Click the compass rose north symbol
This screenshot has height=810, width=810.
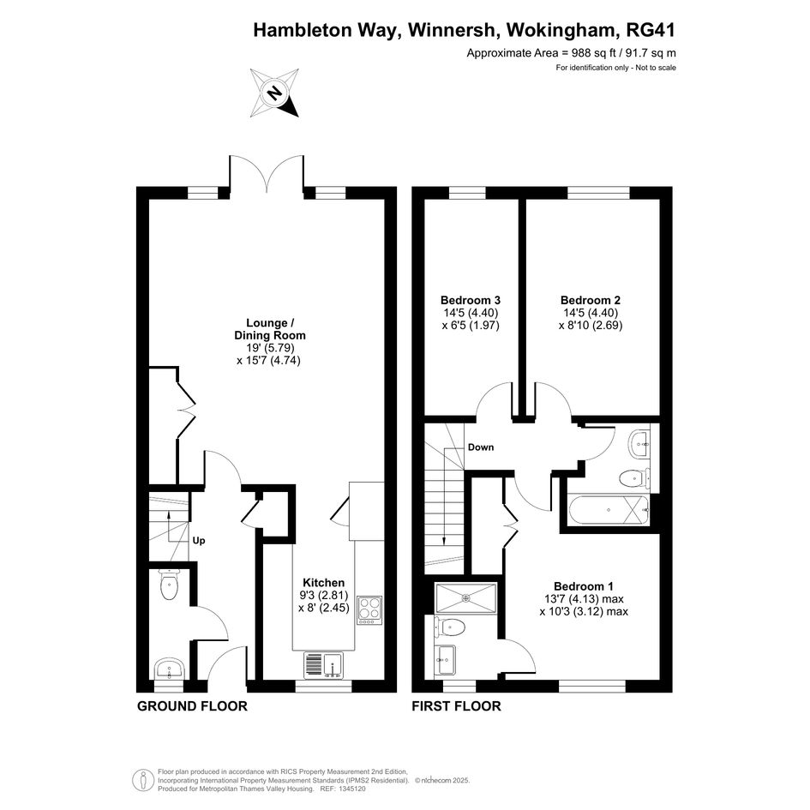275,93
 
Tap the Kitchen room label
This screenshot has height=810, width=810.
323,582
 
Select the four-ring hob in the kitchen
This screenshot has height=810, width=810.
369,610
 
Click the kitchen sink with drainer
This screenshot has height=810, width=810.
323,664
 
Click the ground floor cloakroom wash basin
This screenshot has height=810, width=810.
169,669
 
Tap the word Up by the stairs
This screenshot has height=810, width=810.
199,541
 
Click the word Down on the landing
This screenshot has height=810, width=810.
481,447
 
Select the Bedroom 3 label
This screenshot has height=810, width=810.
471,300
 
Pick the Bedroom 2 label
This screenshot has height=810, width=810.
591,300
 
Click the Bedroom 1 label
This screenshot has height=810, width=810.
584,586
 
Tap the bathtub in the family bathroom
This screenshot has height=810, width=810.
608,510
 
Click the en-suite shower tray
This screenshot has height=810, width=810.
466,598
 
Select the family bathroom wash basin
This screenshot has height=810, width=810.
640,443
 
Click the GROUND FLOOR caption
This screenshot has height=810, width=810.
192,706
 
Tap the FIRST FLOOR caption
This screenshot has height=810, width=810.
456,706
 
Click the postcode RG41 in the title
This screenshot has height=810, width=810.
651,30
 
